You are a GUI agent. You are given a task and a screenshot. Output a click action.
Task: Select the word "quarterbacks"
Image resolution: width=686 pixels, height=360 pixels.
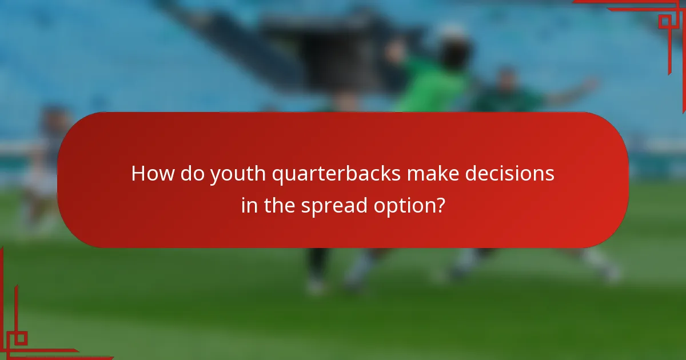pyautogui.click(x=337, y=174)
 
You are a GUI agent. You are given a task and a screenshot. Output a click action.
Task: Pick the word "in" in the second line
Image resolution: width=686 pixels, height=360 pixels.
pyautogui.click(x=249, y=205)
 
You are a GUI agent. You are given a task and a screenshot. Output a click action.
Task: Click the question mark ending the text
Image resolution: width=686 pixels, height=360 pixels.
pyautogui.click(x=440, y=205)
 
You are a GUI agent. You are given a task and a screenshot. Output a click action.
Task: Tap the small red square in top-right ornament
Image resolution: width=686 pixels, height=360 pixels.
pyautogui.click(x=664, y=21)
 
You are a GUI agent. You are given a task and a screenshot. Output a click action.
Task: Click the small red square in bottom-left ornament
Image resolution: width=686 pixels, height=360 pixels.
pyautogui.click(x=20, y=338)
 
